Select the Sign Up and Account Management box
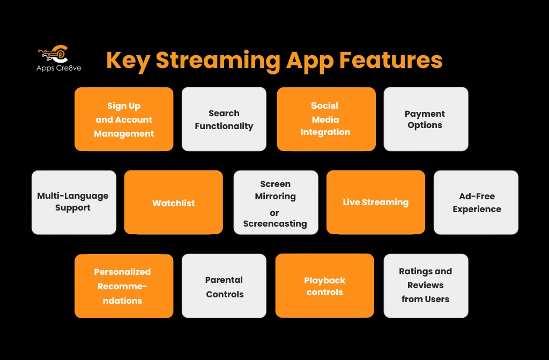(124, 119)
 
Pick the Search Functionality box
(224, 119)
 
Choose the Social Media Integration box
(326, 119)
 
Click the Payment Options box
(426, 119)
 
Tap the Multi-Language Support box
(73, 202)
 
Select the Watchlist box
(173, 202)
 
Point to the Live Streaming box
(375, 202)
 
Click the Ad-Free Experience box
(476, 202)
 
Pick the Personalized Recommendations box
(124, 286)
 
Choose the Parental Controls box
(224, 286)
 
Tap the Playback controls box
(324, 286)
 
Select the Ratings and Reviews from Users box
(426, 286)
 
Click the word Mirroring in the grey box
(276, 196)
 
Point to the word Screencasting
(276, 223)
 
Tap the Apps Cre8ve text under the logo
(59, 67)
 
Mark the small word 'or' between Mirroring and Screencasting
(274, 213)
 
